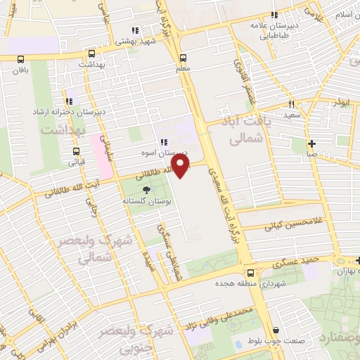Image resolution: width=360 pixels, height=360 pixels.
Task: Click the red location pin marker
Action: pos(182,166)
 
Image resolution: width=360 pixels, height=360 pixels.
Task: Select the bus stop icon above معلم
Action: pos(184,58)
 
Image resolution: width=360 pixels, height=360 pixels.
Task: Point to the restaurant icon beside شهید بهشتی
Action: pos(135,30)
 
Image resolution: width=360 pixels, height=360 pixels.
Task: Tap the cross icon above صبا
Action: pos(311,143)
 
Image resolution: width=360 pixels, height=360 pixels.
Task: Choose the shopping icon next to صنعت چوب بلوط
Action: pos(276,330)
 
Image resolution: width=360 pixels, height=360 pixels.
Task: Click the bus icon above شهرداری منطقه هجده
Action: pos(250,274)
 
